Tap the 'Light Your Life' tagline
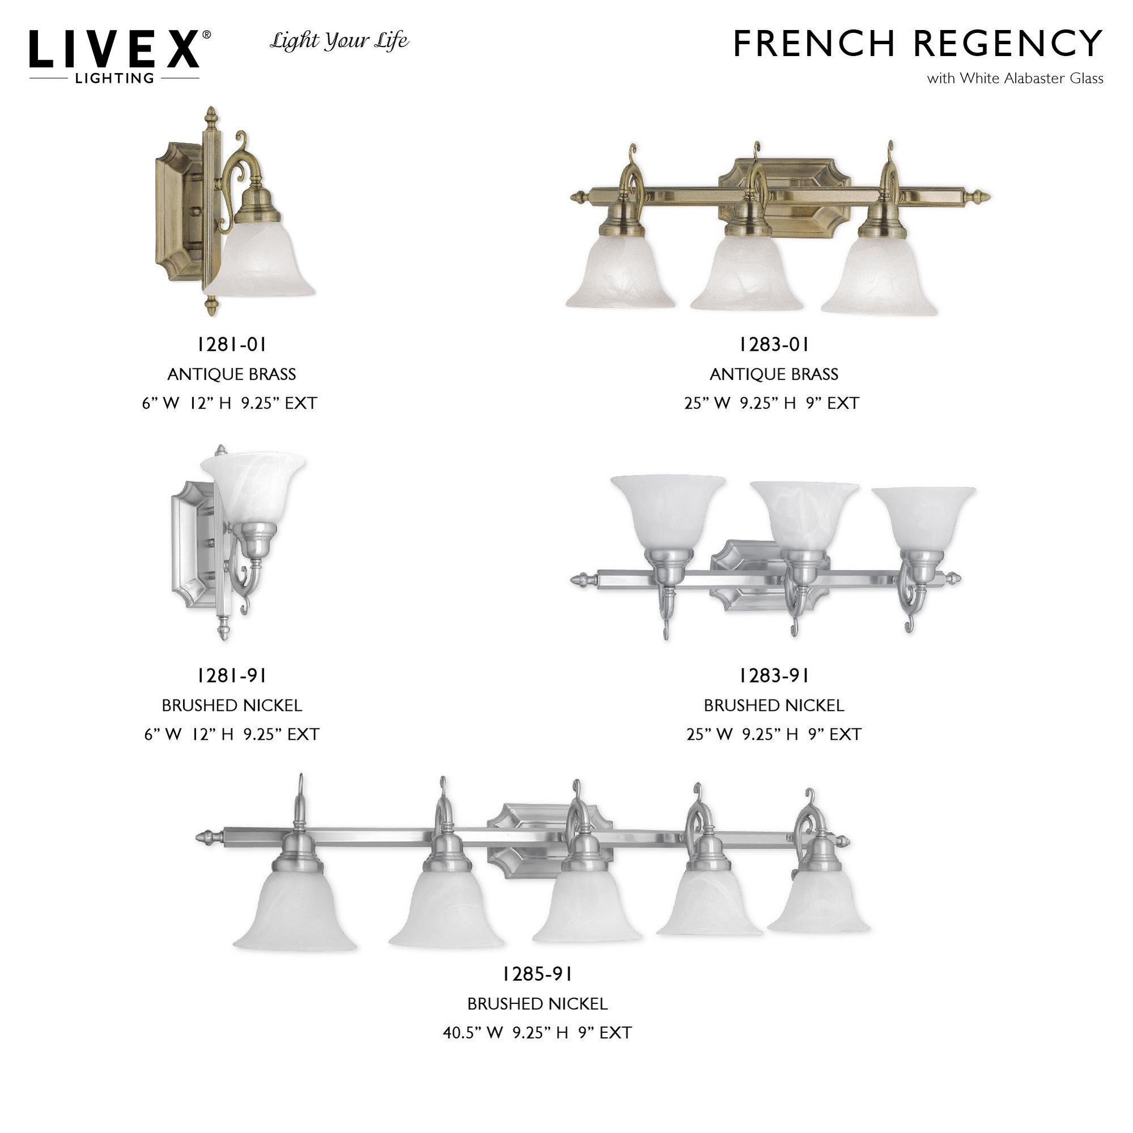click(x=339, y=41)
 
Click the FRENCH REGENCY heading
click(x=918, y=44)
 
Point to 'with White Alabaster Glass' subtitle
click(x=1015, y=79)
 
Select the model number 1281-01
click(x=232, y=345)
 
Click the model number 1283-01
click(x=774, y=345)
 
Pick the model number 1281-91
click(x=232, y=676)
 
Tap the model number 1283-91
click(x=774, y=676)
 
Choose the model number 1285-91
click(x=537, y=974)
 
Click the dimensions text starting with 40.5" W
click(x=537, y=1033)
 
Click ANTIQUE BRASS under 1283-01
click(x=774, y=374)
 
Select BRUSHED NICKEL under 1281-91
click(x=232, y=705)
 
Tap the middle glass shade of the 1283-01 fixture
click(x=746, y=274)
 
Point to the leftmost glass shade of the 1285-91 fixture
click(x=295, y=910)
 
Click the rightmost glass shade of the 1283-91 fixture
click(x=923, y=518)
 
